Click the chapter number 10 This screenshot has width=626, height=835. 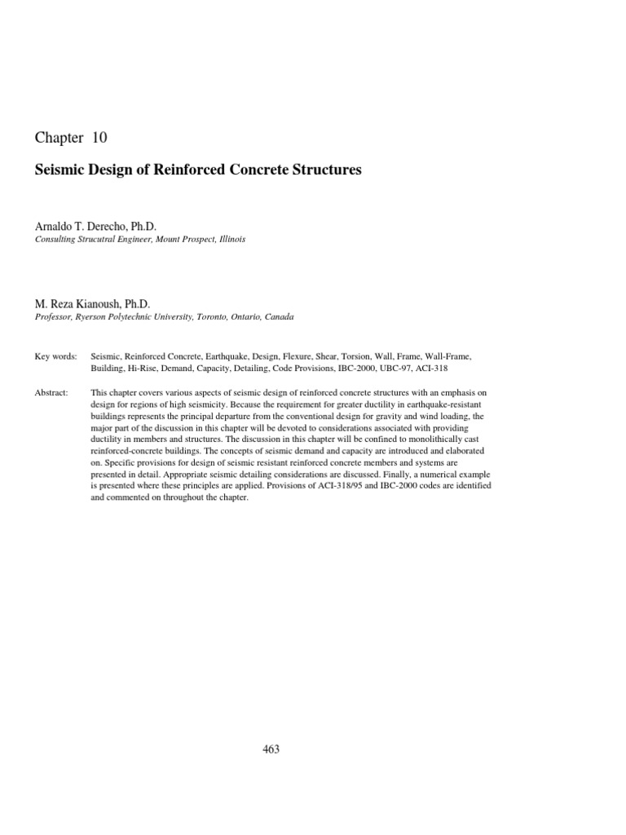click(x=99, y=138)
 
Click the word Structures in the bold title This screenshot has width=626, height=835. click(x=322, y=172)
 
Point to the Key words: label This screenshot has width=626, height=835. click(x=55, y=356)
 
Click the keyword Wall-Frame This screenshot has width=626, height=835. click(x=451, y=356)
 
